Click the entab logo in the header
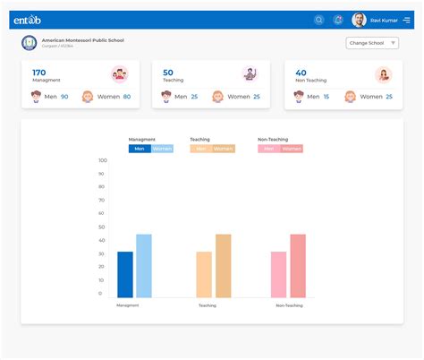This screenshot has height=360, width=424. coord(27,20)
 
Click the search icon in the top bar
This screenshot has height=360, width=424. coord(319,20)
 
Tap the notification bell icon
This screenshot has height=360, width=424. coord(338,20)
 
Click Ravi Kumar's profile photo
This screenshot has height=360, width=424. coord(359,20)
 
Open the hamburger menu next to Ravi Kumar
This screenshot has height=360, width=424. coord(407,20)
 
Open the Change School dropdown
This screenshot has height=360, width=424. coord(372,43)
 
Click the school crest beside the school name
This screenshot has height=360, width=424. coord(30,43)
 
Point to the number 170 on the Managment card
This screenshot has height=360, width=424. coord(38,73)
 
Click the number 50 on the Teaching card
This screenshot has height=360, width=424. coord(168,73)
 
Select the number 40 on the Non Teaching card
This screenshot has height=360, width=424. coord(301,73)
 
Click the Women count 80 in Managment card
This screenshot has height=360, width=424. coord(126,97)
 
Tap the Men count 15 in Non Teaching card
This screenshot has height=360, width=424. coord(326,97)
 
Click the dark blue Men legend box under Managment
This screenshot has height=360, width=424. coord(139,149)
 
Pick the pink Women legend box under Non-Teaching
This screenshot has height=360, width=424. coord(292,149)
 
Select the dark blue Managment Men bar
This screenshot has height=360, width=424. coord(125,274)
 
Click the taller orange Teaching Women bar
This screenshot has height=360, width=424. coord(223,266)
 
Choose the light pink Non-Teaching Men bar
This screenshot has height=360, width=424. coord(278,274)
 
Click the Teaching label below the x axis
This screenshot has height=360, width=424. coord(208,305)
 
